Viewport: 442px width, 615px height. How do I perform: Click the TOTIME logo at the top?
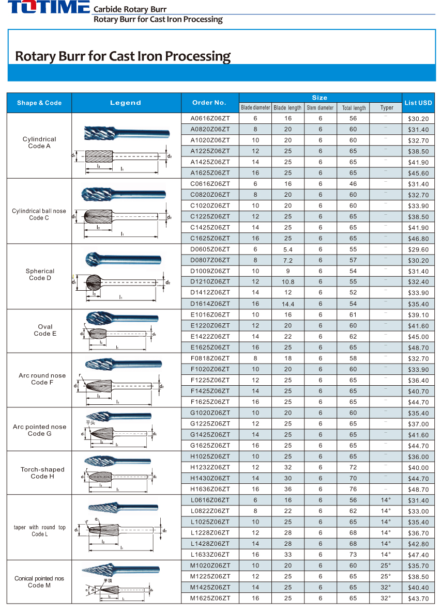pyautogui.click(x=45, y=7)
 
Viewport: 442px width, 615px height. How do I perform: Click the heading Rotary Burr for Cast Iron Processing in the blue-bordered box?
pyautogui.click(x=123, y=56)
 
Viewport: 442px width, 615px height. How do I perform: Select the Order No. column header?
pyautogui.click(x=209, y=102)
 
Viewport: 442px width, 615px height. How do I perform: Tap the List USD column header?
pyautogui.click(x=418, y=103)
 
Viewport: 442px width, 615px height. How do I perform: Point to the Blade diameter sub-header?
pyautogui.click(x=255, y=108)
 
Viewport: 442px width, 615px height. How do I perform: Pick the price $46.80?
pyautogui.click(x=418, y=239)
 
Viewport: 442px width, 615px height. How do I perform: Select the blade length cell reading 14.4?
pyautogui.click(x=287, y=304)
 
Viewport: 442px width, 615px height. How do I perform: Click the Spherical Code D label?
pyautogui.click(x=40, y=274)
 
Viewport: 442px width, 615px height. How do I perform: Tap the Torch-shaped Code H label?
pyautogui.click(x=42, y=472)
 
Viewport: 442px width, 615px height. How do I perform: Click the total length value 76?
pyautogui.click(x=353, y=489)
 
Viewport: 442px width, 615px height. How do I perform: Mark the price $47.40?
pyautogui.click(x=418, y=555)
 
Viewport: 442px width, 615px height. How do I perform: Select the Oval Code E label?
pyautogui.click(x=45, y=330)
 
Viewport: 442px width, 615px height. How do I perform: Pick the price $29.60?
pyautogui.click(x=418, y=249)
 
